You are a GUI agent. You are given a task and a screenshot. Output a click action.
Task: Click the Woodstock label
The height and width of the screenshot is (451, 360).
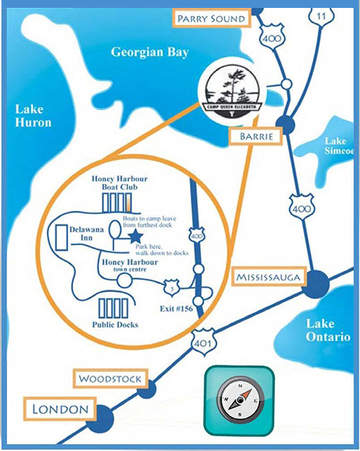(112, 378)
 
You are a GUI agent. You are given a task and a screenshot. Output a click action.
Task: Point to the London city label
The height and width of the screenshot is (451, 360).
(60, 410)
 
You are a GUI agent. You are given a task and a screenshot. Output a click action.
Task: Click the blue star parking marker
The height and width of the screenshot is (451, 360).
(134, 234)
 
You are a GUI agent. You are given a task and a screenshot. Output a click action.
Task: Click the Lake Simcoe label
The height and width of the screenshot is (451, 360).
(338, 146)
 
